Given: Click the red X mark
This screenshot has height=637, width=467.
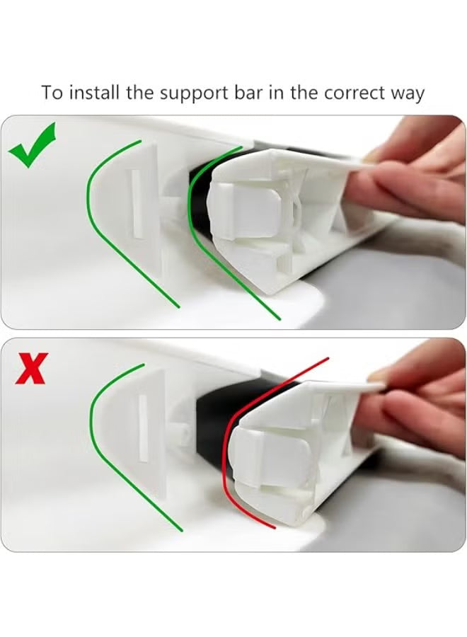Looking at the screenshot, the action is click(31, 369).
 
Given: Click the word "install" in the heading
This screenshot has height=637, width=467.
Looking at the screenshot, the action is click(94, 93).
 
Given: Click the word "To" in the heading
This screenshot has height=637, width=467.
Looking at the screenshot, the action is click(52, 93).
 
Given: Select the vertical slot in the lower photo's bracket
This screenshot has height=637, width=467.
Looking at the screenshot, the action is click(143, 428).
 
